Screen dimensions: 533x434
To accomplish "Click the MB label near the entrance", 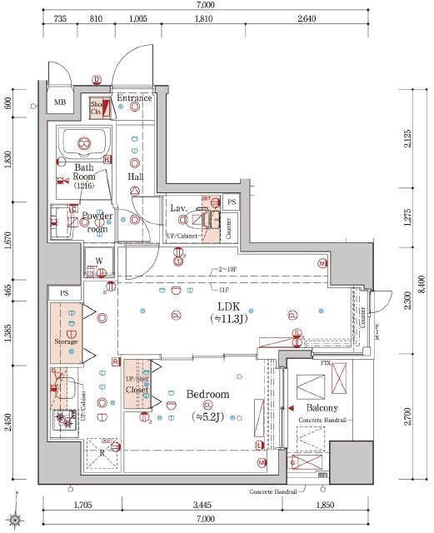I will (60, 102).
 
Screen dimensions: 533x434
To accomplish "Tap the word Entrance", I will (134, 98).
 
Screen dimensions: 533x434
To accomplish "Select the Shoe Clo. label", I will (96, 107).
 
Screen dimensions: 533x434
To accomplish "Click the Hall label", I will (135, 177).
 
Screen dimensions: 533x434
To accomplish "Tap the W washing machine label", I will (98, 260).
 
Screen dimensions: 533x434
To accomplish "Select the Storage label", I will (66, 341).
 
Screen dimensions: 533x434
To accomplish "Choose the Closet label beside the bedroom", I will (137, 389).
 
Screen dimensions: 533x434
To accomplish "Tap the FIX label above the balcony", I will (326, 364).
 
